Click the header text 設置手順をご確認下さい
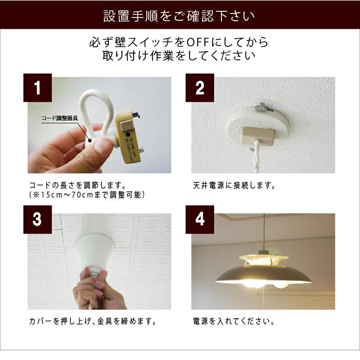click(x=180, y=17)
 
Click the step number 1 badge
click(x=37, y=88)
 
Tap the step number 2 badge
click(x=200, y=88)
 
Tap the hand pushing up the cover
click(x=94, y=288)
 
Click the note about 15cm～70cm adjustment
click(x=85, y=195)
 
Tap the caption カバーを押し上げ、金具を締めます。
click(x=93, y=322)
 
